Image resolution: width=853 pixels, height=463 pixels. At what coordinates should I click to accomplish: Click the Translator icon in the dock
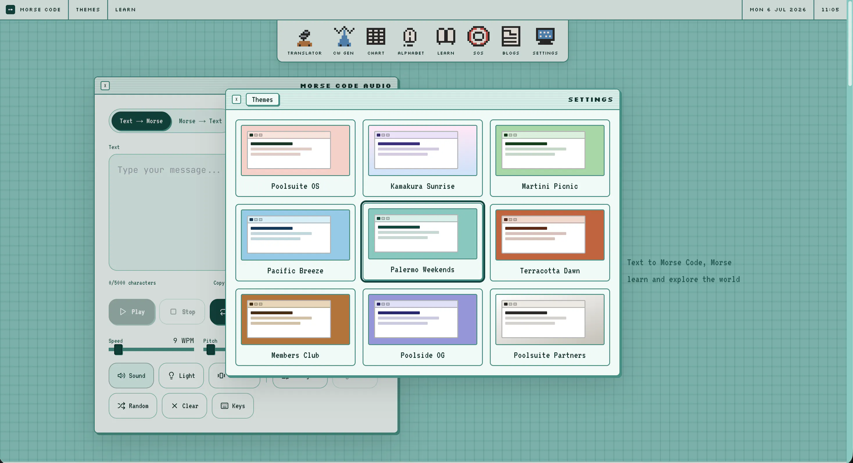click(304, 37)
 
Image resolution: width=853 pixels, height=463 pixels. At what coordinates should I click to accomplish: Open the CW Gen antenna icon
click(344, 36)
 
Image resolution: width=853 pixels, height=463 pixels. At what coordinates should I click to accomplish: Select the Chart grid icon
click(376, 36)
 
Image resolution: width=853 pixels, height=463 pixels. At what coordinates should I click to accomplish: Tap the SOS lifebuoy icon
click(478, 36)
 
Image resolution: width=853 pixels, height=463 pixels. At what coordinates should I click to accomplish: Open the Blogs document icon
click(510, 36)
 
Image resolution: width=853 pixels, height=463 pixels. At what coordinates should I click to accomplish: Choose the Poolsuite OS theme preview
click(295, 150)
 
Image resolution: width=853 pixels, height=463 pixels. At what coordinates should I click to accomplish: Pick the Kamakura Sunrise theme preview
click(422, 150)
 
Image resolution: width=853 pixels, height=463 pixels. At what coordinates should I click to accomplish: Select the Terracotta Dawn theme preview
click(550, 235)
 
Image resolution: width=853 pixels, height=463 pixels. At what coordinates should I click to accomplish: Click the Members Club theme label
click(295, 356)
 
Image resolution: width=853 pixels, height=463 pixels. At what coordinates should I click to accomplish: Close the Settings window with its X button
click(236, 99)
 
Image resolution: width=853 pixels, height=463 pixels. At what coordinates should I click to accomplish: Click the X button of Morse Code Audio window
click(105, 86)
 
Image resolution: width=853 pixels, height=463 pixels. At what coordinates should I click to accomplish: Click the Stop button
click(182, 312)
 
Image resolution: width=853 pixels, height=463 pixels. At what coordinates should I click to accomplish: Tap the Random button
click(133, 406)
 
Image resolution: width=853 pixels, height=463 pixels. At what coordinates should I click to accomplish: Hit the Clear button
click(184, 406)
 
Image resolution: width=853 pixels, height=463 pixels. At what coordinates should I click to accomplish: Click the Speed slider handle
click(118, 350)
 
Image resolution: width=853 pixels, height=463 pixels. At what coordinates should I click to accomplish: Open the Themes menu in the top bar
click(88, 10)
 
